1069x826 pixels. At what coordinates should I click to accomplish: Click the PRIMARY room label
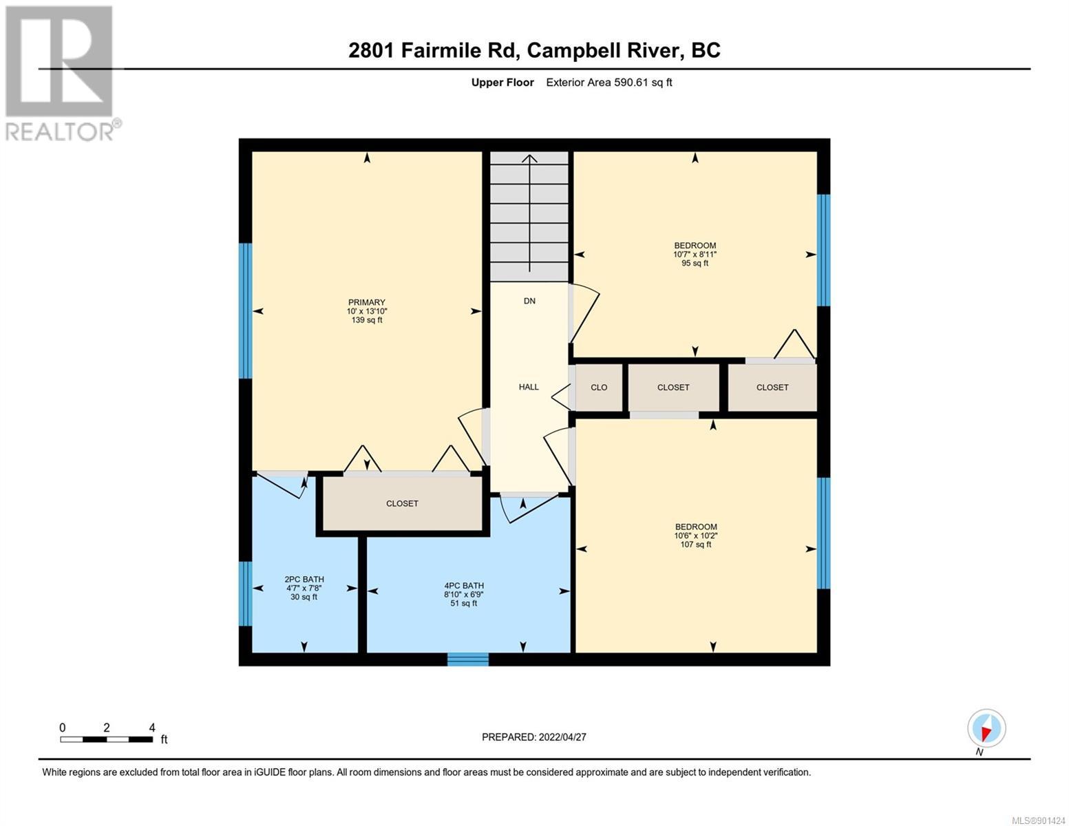point(366,302)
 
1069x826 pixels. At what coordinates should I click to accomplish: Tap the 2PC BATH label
point(304,579)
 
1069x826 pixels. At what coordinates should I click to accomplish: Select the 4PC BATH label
point(464,586)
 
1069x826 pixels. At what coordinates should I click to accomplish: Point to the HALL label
point(529,387)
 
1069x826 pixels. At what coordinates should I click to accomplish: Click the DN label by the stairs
point(529,301)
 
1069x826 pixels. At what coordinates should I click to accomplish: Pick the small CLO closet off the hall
point(599,387)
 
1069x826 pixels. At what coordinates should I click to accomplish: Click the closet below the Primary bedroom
point(402,503)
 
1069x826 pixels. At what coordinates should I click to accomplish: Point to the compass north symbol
point(986,728)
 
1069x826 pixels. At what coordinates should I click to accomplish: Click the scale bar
point(106,739)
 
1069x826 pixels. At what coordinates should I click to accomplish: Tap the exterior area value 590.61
point(631,82)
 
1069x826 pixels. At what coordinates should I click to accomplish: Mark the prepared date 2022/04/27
point(562,737)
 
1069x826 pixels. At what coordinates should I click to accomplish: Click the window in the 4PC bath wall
point(467,659)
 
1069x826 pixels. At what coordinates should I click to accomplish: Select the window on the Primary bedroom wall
point(245,310)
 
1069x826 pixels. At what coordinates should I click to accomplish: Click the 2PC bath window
point(245,594)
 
